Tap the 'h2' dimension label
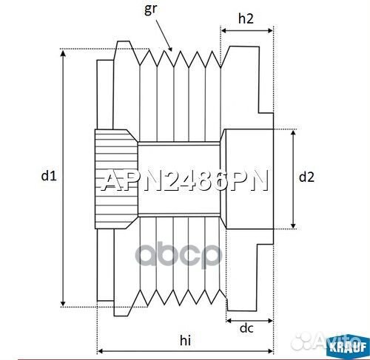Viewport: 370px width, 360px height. click(x=247, y=18)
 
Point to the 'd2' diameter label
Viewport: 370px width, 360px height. click(x=306, y=177)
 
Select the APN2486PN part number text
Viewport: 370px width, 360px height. click(x=184, y=181)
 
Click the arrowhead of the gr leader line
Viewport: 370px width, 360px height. click(x=172, y=50)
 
